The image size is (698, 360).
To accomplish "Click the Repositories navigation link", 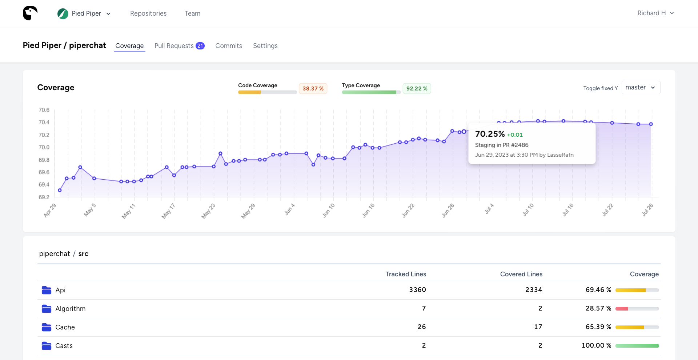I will coord(148,13).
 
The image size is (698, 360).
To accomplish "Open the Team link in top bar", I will coord(192,13).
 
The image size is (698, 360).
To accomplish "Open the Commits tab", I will coord(228,46).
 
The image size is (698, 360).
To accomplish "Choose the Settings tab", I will coord(265,46).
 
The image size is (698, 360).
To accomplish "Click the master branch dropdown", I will coord(641,88).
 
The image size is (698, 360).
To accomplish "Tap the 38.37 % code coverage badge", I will coord(313,89).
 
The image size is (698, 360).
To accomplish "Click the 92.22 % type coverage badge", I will coord(417,89).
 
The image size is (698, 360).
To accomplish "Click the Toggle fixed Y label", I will coord(600,88).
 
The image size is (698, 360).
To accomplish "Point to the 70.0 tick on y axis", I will coord(44,147).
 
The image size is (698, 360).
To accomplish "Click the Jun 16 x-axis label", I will coord(368,211).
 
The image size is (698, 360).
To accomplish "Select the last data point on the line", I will coord(651,124).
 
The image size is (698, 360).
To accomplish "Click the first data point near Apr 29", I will coord(60,190).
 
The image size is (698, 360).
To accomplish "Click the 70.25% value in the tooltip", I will coord(490,134).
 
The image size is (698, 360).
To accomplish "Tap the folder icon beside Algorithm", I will coord(47,309).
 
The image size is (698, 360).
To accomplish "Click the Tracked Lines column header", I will coord(405,274).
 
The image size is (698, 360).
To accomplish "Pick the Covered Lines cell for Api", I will coord(533,290).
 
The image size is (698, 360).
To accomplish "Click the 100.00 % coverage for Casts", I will coord(596,345).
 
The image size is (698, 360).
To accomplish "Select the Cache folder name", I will coord(65,327).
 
